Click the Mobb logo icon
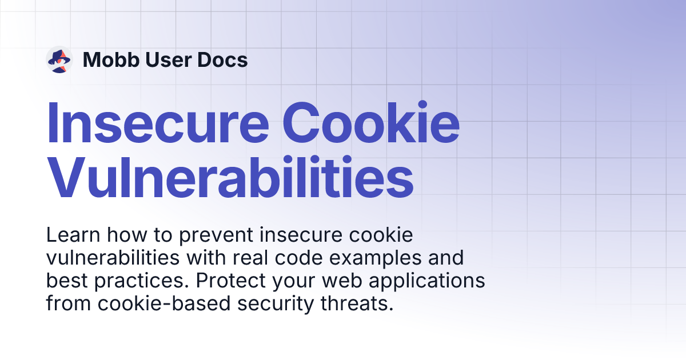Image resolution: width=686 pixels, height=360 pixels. pyautogui.click(x=59, y=59)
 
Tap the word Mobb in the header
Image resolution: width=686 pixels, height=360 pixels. pyautogui.click(x=111, y=59)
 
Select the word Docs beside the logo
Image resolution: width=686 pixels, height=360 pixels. pyautogui.click(x=222, y=59)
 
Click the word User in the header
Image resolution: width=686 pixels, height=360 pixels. pyautogui.click(x=169, y=59)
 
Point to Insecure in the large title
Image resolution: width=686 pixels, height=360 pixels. pyautogui.click(x=158, y=122)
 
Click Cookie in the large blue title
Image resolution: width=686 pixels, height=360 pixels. pyautogui.click(x=371, y=122)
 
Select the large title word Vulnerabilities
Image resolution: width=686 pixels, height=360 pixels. pyautogui.click(x=230, y=177)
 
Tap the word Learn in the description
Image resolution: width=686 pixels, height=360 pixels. pyautogui.click(x=73, y=235)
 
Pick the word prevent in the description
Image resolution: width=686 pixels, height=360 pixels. pyautogui.click(x=216, y=235)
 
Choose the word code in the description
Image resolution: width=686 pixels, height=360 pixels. pyautogui.click(x=298, y=258)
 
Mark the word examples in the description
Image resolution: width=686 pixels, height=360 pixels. pyautogui.click(x=376, y=259)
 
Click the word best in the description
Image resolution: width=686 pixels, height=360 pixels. pyautogui.click(x=67, y=281)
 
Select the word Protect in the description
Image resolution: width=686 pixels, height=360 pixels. pyautogui.click(x=231, y=281)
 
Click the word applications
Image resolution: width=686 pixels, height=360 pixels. pyautogui.click(x=427, y=282)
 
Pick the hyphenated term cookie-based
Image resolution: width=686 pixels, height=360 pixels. pyautogui.click(x=164, y=303)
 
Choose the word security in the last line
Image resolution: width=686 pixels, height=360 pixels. pyautogui.click(x=276, y=305)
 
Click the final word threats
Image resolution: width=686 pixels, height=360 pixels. pyautogui.click(x=357, y=303)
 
